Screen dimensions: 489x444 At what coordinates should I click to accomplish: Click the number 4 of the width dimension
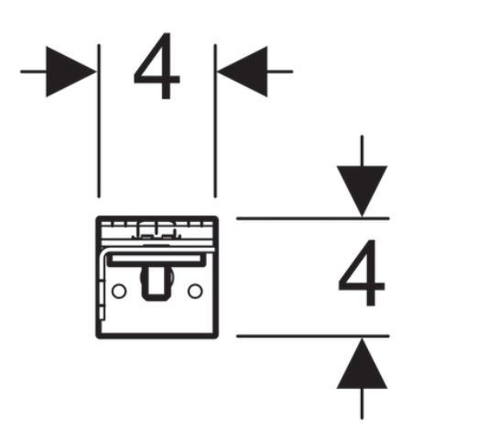(x=158, y=66)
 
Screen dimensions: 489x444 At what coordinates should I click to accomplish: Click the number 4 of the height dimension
(x=362, y=272)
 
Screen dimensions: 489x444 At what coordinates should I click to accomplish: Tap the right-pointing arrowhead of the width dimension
(x=71, y=72)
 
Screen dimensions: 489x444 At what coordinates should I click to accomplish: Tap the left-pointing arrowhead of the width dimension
(x=242, y=72)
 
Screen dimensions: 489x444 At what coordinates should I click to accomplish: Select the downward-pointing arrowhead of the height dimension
(x=362, y=191)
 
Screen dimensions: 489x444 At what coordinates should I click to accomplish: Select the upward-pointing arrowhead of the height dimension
(x=362, y=363)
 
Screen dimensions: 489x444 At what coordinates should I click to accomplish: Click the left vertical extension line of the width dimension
(x=99, y=121)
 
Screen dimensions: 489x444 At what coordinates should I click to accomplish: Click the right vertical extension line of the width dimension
(x=215, y=121)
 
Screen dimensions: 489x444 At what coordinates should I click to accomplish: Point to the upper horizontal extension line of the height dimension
(x=313, y=218)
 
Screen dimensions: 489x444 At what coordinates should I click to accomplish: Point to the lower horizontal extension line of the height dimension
(x=313, y=336)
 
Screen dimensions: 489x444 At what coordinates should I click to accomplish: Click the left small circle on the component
(x=119, y=291)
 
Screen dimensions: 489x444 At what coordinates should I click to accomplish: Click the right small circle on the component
(x=195, y=291)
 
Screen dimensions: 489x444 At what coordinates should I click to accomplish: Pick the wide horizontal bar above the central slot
(x=157, y=259)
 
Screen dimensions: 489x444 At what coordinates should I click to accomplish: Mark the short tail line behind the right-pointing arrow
(x=33, y=72)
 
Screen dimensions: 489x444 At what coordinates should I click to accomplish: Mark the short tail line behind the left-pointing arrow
(x=280, y=72)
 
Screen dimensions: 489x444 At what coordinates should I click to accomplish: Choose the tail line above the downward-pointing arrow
(x=362, y=150)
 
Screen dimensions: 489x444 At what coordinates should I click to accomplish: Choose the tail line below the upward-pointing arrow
(x=362, y=404)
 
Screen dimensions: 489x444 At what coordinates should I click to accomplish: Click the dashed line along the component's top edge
(x=157, y=224)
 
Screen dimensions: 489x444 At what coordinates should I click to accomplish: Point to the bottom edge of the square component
(x=157, y=336)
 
